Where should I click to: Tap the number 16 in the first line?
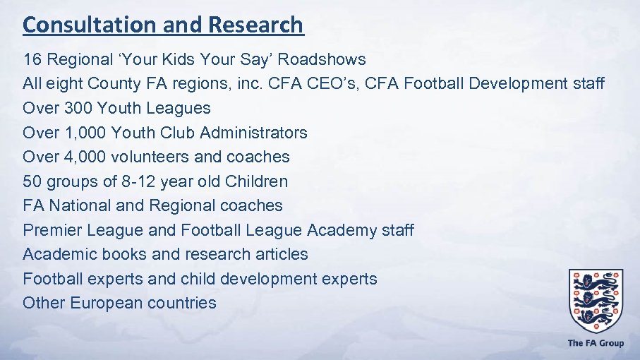coord(32,59)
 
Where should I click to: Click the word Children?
coord(256,181)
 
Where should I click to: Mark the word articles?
coord(282,254)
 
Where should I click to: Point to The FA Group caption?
coord(596,343)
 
